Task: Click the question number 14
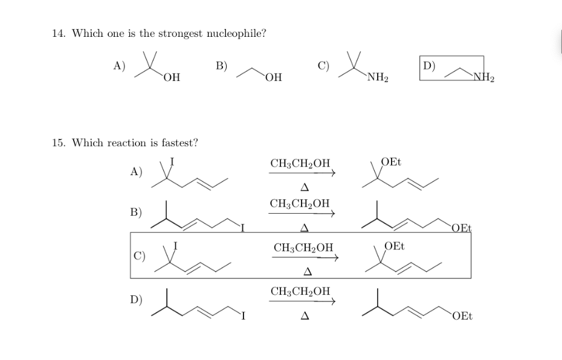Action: click(x=59, y=33)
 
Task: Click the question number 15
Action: click(x=59, y=143)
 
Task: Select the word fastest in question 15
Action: click(x=177, y=143)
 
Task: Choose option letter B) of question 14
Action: click(x=221, y=66)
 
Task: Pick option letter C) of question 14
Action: click(x=323, y=66)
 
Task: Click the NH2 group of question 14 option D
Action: click(x=483, y=77)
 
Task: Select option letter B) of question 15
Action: click(x=136, y=212)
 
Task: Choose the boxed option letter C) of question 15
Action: click(x=138, y=254)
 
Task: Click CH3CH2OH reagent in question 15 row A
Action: click(x=300, y=163)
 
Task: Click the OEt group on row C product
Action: click(x=395, y=246)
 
